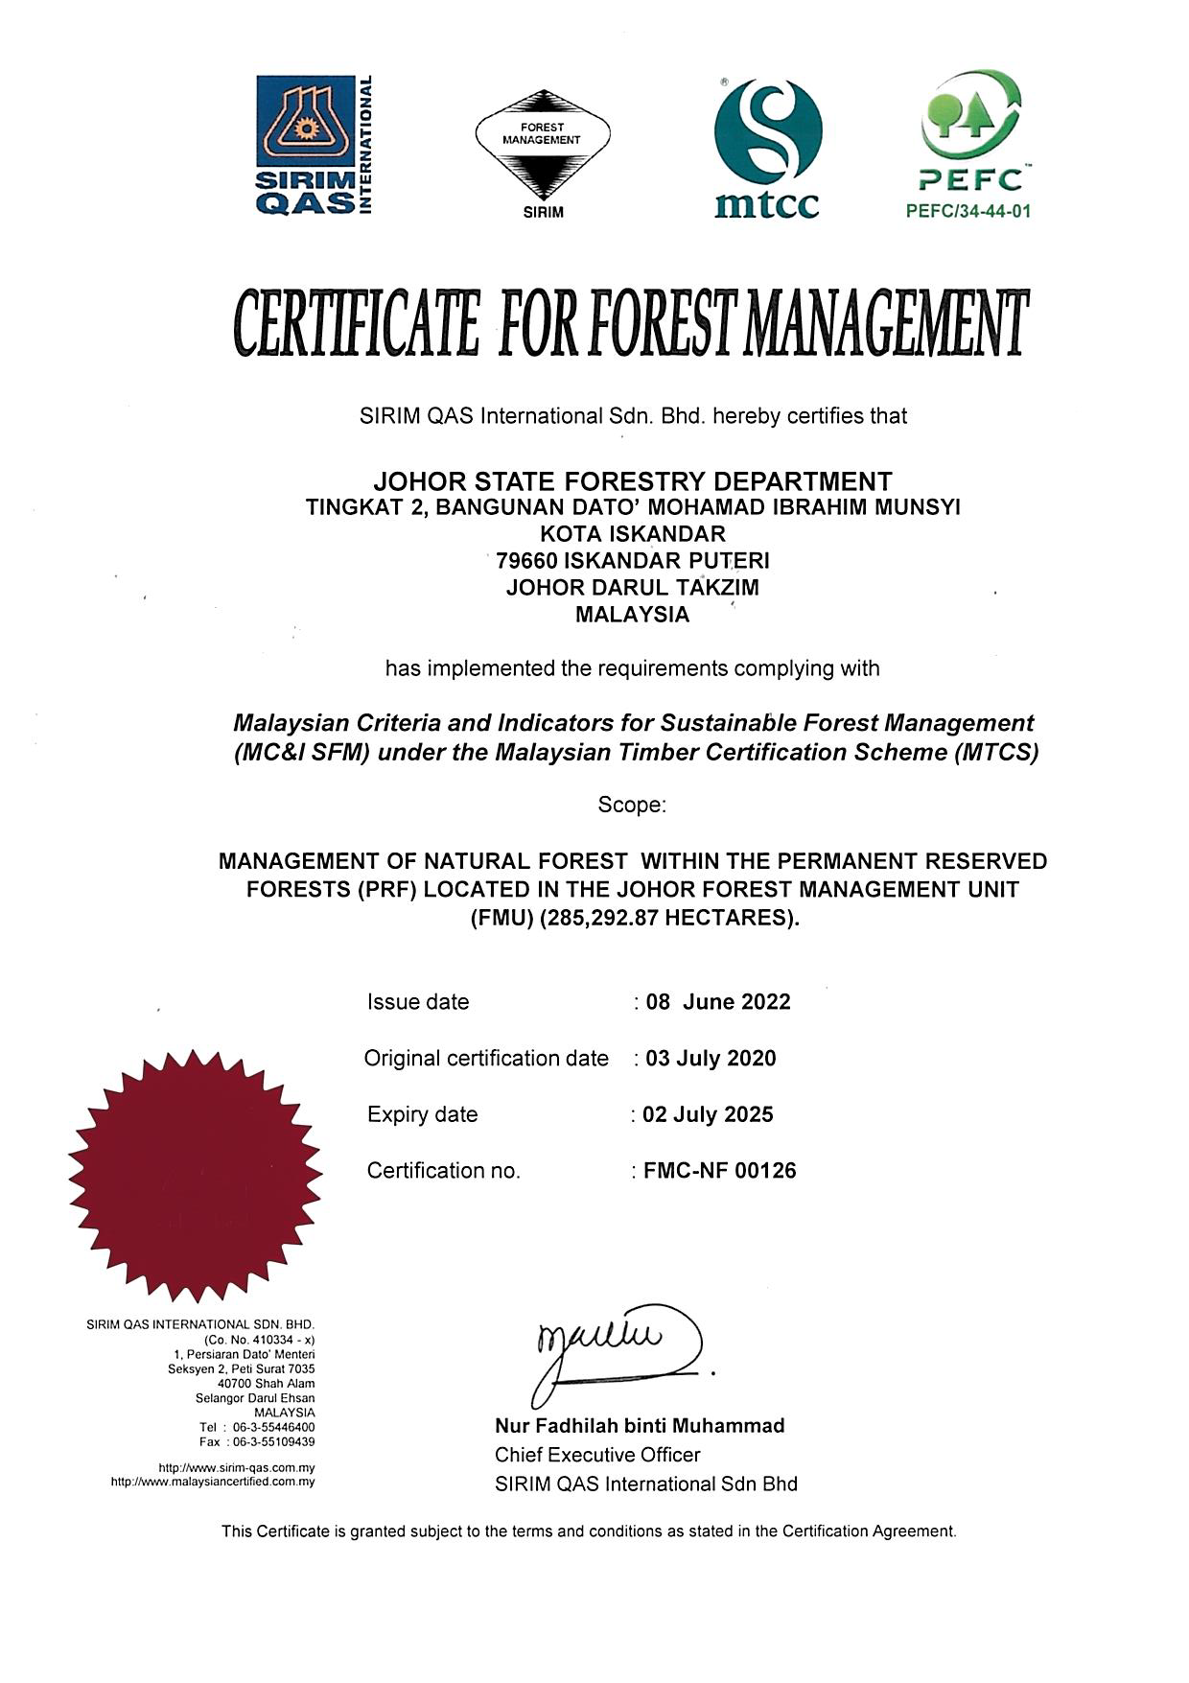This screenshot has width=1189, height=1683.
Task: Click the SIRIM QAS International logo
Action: point(314,146)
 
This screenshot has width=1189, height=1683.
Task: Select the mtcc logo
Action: point(767,149)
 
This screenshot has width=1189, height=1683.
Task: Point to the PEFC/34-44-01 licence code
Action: point(968,211)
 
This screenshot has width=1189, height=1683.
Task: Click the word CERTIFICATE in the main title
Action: point(356,323)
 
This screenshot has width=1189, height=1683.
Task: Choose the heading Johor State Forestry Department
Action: point(633,480)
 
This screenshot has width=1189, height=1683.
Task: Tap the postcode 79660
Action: point(526,561)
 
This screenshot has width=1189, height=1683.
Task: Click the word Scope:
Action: point(632,805)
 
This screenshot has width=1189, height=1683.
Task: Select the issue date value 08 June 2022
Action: point(718,1002)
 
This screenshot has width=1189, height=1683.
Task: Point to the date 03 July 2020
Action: point(711,1059)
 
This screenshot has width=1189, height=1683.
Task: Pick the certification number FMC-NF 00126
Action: point(719,1171)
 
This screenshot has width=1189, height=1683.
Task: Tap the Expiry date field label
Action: point(422,1114)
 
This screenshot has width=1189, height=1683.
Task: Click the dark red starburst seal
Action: point(196,1175)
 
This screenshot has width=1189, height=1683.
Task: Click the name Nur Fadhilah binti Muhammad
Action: point(640,1426)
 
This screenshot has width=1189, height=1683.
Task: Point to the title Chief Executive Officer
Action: point(597,1455)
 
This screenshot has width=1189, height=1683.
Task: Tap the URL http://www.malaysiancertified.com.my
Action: point(213,1482)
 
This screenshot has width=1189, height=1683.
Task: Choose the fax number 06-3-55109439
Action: point(273,1441)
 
